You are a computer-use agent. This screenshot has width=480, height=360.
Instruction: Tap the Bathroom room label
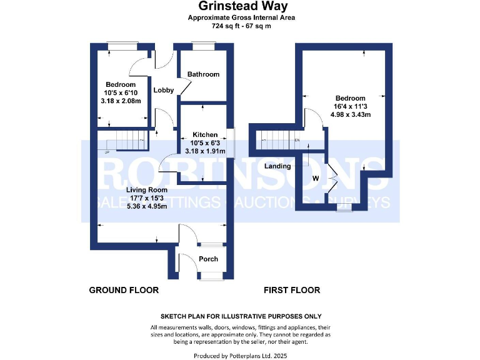tap(204, 74)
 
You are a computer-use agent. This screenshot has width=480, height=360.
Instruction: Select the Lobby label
tap(164, 90)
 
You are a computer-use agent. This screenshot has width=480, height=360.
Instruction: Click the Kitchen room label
tap(205, 135)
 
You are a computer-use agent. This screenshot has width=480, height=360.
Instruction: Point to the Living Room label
tap(147, 190)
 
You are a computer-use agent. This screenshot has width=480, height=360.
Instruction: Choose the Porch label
tap(208, 259)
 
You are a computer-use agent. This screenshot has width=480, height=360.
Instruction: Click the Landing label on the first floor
tap(277, 166)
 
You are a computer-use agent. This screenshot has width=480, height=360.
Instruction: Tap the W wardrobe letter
tap(315, 178)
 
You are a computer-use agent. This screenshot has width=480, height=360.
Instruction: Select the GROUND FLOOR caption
tap(124, 290)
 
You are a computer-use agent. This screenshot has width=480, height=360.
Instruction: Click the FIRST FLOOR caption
tap(292, 290)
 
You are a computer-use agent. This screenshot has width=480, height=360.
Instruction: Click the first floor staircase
tap(279, 141)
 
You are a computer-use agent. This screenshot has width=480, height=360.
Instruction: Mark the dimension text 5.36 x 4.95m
tap(147, 207)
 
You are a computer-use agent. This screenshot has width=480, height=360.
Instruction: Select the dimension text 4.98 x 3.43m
tap(350, 115)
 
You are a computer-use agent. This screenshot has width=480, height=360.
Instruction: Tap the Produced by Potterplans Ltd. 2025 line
tap(241, 355)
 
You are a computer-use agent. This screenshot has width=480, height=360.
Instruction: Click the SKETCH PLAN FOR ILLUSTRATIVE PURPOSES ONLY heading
tap(241, 317)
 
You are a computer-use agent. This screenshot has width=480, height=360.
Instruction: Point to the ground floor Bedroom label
tap(121, 85)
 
